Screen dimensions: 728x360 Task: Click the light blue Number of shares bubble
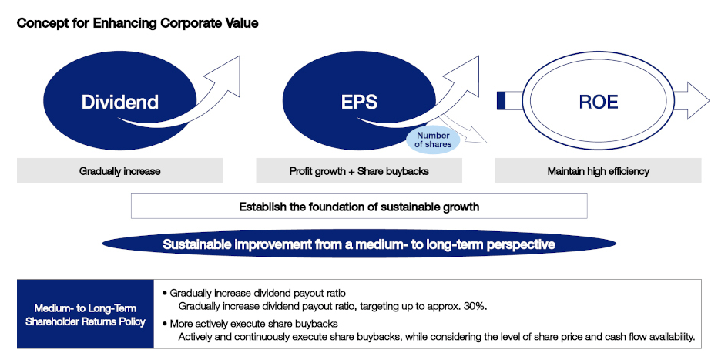[x=433, y=140]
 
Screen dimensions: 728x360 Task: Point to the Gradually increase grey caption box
[x=119, y=170]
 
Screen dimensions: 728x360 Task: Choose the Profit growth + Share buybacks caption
[x=359, y=171]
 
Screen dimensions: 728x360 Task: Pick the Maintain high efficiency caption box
[x=598, y=171]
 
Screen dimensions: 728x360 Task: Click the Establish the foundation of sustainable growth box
[x=359, y=207]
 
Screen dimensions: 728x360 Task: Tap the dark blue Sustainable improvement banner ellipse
[x=359, y=244]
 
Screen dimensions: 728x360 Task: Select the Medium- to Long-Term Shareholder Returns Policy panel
[x=85, y=314]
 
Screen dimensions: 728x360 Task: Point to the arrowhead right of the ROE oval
[x=698, y=100]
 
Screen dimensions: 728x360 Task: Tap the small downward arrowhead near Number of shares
[x=478, y=138]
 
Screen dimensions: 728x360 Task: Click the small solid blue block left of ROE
[x=501, y=101]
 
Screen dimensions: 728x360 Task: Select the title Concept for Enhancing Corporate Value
[x=137, y=24]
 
